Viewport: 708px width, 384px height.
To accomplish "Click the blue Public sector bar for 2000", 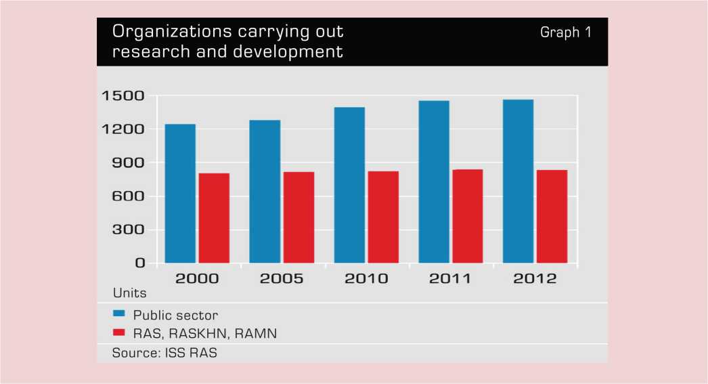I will [180, 194].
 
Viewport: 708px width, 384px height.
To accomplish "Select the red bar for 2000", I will [214, 218].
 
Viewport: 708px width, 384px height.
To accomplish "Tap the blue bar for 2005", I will [265, 192].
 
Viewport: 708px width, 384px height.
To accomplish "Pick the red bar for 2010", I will [383, 217].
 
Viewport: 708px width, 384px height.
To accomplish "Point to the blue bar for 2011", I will [434, 182].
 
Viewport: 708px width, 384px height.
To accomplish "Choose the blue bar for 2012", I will [518, 182].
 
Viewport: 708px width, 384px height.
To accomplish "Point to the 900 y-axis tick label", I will [129, 163].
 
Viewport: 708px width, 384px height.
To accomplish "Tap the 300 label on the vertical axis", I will [129, 230].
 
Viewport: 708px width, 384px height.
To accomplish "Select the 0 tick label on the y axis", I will [140, 263].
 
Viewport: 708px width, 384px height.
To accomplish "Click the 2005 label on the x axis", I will [282, 278].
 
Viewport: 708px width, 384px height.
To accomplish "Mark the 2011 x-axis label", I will [450, 278].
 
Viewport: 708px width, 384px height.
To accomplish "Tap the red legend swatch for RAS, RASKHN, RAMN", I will [118, 333].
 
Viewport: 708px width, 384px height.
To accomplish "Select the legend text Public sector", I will [175, 315].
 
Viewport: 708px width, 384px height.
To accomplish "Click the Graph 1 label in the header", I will [565, 33].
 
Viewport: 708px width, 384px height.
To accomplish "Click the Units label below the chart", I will [129, 294].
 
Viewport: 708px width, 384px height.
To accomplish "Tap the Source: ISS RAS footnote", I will [164, 353].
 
